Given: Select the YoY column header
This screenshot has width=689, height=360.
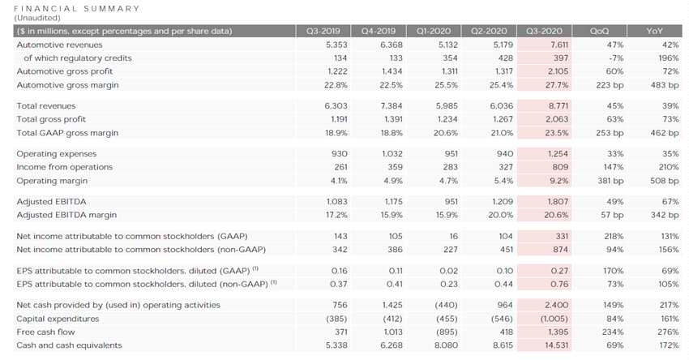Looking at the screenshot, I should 654,31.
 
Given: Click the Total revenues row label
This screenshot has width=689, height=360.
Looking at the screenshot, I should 46,105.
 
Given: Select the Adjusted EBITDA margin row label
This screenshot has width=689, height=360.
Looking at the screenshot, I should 66,215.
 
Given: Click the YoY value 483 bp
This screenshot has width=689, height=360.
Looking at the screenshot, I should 656,85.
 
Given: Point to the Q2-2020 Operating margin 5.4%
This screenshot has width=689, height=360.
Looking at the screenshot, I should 495,180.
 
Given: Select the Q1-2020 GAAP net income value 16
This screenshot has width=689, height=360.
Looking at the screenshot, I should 443,235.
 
